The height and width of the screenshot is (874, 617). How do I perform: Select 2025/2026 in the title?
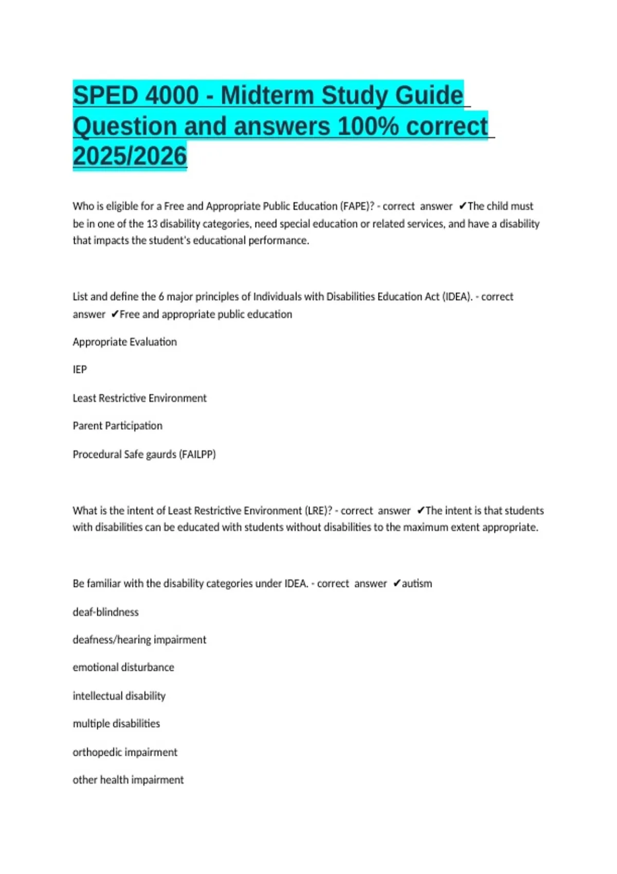[130, 156]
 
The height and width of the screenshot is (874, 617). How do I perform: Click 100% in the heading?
[368, 126]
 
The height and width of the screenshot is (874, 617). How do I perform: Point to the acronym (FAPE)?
[357, 206]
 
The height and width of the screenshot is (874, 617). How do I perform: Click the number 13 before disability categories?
[152, 224]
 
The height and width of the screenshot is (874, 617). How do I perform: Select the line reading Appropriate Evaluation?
[124, 342]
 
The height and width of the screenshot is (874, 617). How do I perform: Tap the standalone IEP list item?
[80, 370]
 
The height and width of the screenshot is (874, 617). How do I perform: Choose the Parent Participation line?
[117, 426]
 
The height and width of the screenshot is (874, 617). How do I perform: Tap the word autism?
[416, 584]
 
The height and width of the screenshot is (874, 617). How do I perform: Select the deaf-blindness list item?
[105, 612]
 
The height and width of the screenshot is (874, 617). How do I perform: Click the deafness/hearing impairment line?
[139, 640]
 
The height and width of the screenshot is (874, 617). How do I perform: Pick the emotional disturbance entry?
[123, 667]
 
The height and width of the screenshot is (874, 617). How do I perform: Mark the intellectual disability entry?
[119, 696]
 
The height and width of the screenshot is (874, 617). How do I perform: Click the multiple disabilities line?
[116, 723]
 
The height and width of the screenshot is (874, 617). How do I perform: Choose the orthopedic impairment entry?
[125, 752]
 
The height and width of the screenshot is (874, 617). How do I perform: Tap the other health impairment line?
[128, 780]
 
